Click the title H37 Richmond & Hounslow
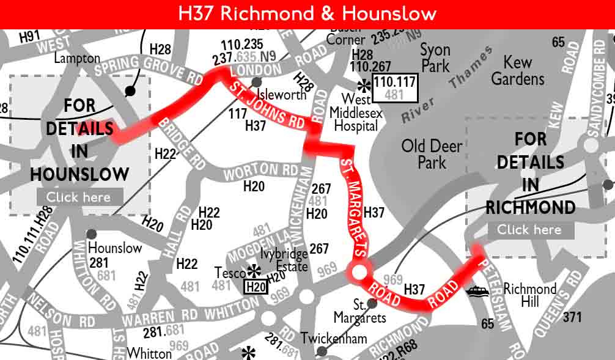307,13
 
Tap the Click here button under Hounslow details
79,197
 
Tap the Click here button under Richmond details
529,230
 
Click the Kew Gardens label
517,70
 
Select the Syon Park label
435,58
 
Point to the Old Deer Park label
432,154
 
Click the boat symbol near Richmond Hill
477,292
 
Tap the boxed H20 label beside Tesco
256,287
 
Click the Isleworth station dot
257,82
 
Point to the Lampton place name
77,59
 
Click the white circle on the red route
358,271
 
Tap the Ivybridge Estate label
284,261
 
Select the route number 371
572,317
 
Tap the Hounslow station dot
91,234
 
